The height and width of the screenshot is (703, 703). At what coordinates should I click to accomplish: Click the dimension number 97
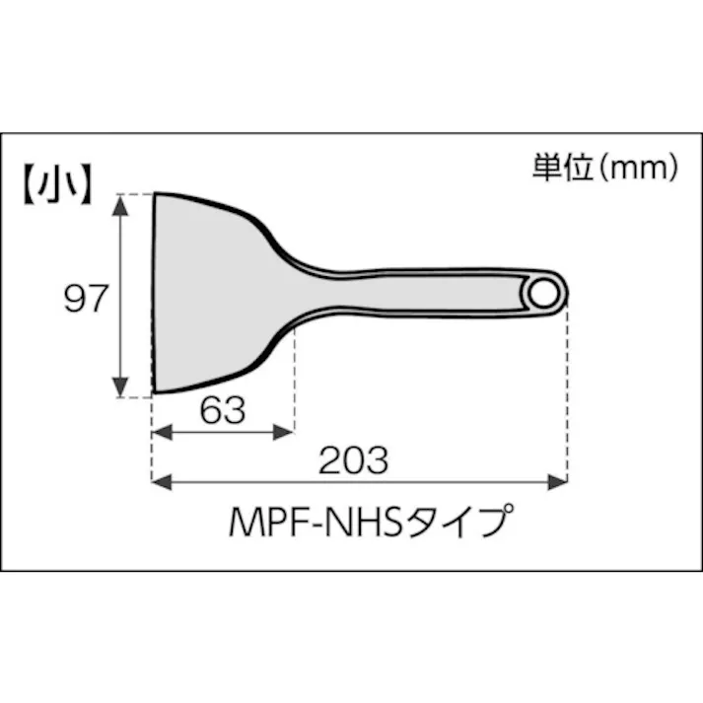(85, 299)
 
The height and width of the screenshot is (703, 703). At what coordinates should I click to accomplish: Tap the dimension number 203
(353, 459)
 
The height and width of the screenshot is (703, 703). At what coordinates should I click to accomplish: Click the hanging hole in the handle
(541, 293)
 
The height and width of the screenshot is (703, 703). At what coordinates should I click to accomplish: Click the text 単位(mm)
(604, 168)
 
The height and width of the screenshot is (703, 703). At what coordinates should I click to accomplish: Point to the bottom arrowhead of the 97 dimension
(121, 388)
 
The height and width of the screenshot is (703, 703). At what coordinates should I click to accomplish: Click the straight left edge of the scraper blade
(154, 296)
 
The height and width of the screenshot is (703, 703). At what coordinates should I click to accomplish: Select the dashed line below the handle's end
(567, 394)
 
